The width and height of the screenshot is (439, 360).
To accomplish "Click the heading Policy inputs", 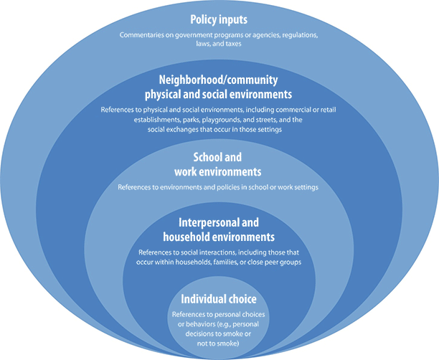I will (x=219, y=20).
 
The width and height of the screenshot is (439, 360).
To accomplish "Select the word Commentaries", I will (x=143, y=35).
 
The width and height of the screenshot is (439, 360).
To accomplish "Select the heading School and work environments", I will (x=219, y=165).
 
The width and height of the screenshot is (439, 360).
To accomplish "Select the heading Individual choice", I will (x=219, y=298).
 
